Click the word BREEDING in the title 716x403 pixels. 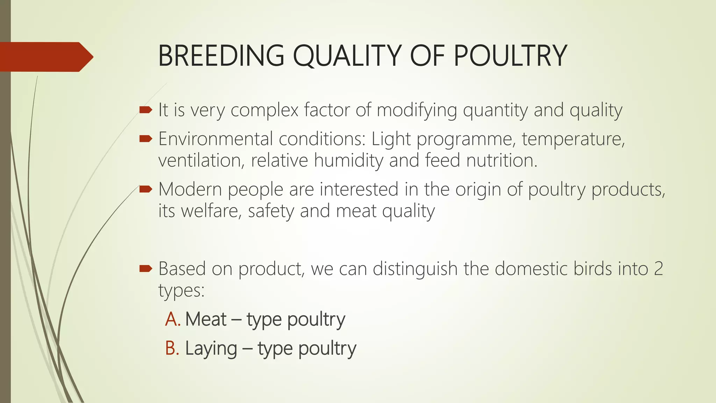tap(221, 56)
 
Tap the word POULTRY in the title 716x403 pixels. tap(510, 56)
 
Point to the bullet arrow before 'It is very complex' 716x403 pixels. tap(145, 110)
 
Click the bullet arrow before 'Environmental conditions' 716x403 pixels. tap(145, 139)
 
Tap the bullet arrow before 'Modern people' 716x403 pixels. tap(145, 190)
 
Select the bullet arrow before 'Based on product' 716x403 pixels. tap(145, 269)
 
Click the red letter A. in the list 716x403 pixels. tap(172, 319)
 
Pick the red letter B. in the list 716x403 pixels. tap(172, 348)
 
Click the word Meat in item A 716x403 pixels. tap(206, 319)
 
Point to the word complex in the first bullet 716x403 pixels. tap(264, 110)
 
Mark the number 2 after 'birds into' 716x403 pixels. tap(658, 269)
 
